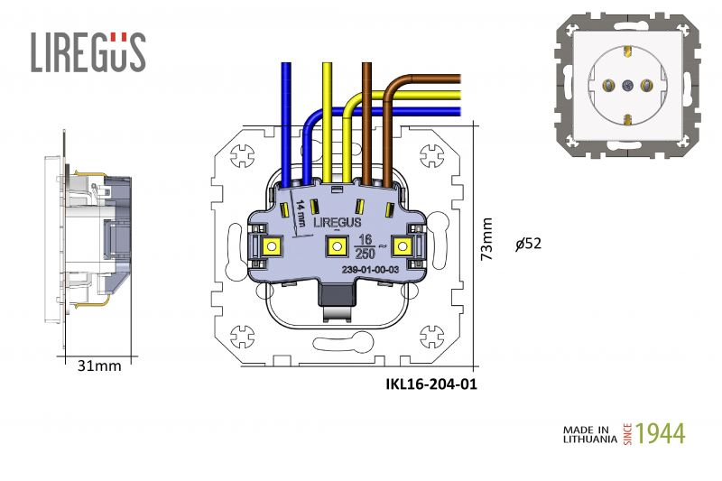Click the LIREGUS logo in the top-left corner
click(88, 51)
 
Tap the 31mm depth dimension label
click(98, 365)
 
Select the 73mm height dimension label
click(487, 239)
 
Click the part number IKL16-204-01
click(430, 384)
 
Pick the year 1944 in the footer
click(661, 433)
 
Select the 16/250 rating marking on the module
click(366, 245)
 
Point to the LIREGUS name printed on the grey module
click(338, 222)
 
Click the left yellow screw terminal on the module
click(273, 244)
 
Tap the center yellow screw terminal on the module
click(331, 245)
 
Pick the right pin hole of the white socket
click(646, 86)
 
